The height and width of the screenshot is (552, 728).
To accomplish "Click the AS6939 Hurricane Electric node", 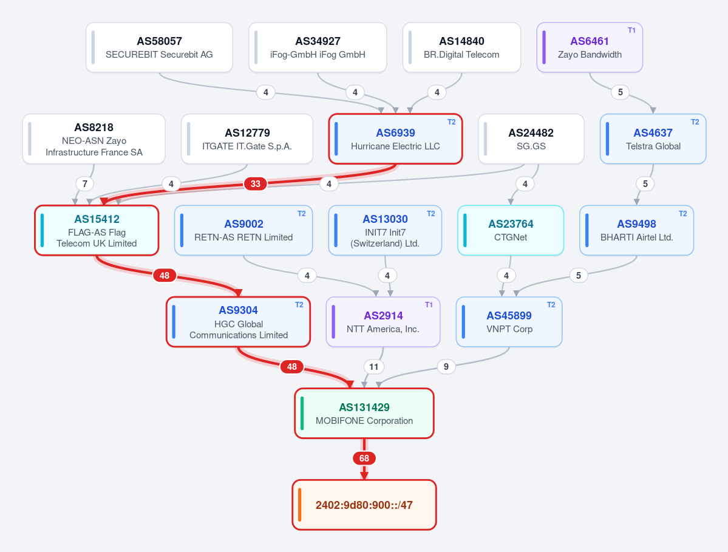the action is (x=395, y=139).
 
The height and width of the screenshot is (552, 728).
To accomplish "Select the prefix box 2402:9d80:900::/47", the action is (x=364, y=505).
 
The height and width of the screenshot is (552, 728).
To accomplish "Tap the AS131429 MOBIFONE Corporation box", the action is (x=364, y=413).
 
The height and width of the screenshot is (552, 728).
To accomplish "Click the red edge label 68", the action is (x=364, y=458).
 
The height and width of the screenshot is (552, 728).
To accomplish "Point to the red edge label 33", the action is (x=256, y=184).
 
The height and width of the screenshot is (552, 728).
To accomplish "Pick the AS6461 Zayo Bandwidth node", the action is (x=590, y=47).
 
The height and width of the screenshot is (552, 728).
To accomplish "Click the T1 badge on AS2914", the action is (x=429, y=305).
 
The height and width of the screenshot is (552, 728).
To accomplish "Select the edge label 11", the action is (x=374, y=367).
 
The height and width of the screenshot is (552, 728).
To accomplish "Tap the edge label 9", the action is (x=446, y=367).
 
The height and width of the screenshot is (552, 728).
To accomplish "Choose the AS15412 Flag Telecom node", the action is (x=97, y=230).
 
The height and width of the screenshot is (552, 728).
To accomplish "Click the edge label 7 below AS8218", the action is (x=85, y=184).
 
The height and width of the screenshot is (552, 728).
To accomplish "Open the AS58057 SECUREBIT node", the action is (x=159, y=47).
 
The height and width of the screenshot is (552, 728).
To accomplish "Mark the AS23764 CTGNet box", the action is (x=511, y=230).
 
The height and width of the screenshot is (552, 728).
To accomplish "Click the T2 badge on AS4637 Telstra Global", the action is (x=695, y=122).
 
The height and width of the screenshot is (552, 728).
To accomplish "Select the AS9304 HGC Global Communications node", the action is (x=239, y=322).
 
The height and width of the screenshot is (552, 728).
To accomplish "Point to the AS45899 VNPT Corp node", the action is (x=509, y=322).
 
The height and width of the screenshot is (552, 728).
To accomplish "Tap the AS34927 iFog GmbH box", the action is (x=318, y=47).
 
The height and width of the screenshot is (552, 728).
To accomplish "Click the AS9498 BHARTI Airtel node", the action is (x=636, y=230).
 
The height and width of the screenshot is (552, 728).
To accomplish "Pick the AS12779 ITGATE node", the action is (x=247, y=139).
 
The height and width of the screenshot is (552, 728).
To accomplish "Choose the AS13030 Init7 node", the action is (x=385, y=230).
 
